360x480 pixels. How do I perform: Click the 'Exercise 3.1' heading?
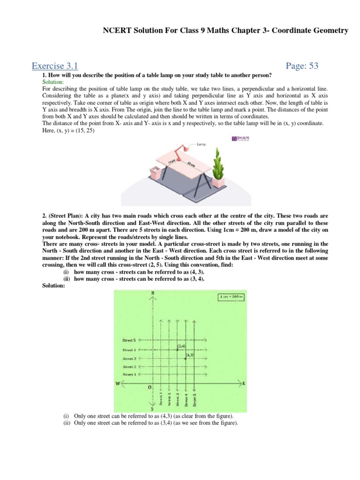point(54,66)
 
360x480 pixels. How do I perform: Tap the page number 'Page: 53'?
point(302,66)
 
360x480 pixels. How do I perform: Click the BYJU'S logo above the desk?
point(241,139)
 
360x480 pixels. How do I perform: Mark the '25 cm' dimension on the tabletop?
point(190,165)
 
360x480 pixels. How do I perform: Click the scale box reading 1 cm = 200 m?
point(231,298)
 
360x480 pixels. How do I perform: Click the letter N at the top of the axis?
point(153,293)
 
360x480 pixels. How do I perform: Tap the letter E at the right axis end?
point(244,383)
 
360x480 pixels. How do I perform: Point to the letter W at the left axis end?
point(118,384)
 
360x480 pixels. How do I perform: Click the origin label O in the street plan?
point(150,388)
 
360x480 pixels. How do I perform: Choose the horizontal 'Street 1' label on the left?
point(129,375)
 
